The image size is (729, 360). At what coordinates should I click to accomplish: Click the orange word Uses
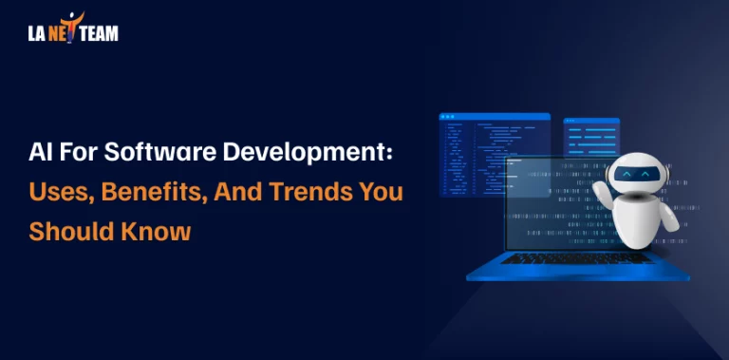pyautogui.click(x=54, y=192)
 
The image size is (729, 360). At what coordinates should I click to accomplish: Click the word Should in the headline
pyautogui.click(x=70, y=231)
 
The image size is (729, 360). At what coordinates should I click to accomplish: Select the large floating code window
pyautogui.click(x=494, y=152)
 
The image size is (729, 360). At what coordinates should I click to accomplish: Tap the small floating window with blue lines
pyautogui.click(x=590, y=138)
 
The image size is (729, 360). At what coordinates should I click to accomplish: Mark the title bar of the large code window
pyautogui.click(x=494, y=117)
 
